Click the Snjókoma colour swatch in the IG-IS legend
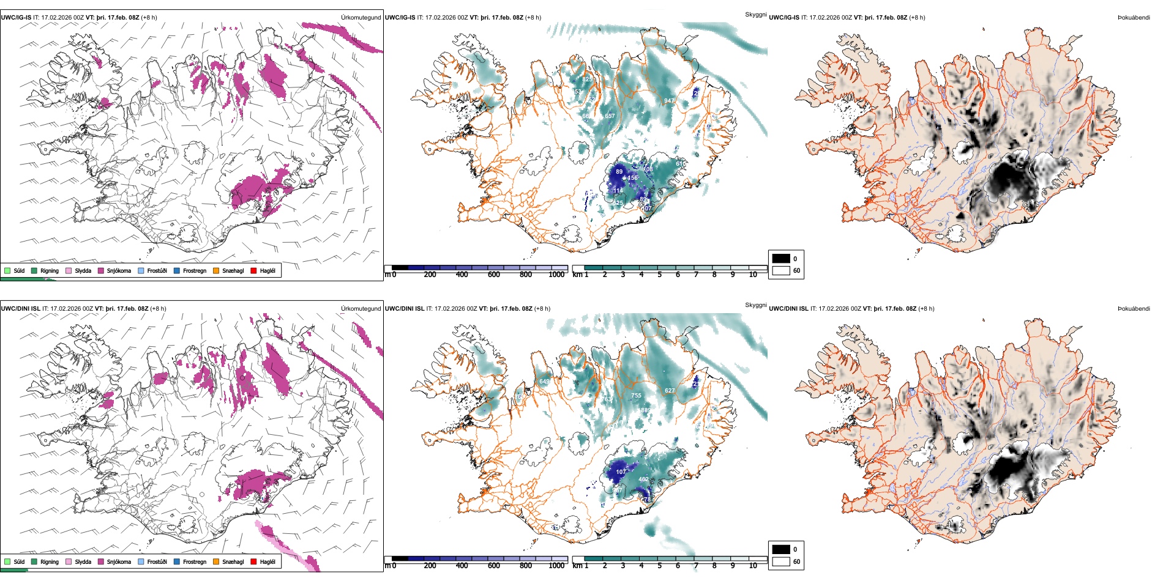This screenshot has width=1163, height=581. coord(101,270)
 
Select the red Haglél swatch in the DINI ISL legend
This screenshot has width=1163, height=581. coord(253,561)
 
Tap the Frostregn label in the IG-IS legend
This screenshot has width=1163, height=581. coord(195,270)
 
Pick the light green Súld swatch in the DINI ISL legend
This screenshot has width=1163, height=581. coord(7,561)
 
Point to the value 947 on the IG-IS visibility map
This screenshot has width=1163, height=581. coord(669,101)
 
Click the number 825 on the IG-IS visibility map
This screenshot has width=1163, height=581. coord(587,80)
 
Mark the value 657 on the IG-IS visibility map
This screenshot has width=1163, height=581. coord(610,116)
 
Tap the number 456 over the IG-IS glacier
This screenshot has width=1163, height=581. coord(632,178)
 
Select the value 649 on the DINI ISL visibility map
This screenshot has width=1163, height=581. coord(544,382)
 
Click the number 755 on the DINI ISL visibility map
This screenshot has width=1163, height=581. coord(636,396)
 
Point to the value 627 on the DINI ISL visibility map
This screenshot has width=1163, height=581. coord(670,390)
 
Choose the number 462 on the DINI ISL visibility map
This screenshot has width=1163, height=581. coord(643,479)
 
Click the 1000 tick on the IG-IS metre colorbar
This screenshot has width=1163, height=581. coord(556,275)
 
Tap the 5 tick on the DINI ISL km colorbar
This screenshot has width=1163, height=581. coord(660,566)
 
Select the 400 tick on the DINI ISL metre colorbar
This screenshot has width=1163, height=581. coord(462,566)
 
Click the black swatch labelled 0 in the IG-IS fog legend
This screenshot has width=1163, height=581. coord(781,259)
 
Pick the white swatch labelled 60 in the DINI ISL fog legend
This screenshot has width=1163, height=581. coord(781,561)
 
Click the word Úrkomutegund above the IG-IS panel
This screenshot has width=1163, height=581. coord(361,18)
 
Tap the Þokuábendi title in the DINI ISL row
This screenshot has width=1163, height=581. coord(1134,309)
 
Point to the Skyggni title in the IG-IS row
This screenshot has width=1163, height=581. coord(755,14)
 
